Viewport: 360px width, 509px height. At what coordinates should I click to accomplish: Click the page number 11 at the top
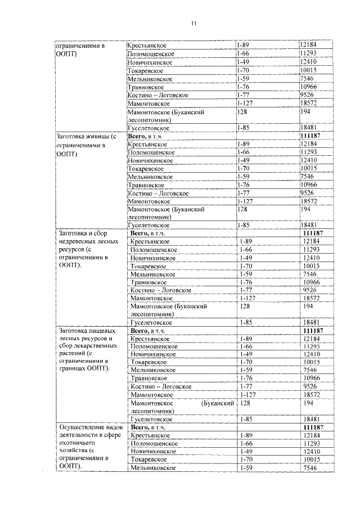[194, 23]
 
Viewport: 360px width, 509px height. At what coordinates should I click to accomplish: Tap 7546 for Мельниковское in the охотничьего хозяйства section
[310, 468]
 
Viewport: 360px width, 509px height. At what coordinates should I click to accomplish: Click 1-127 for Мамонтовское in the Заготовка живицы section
[246, 201]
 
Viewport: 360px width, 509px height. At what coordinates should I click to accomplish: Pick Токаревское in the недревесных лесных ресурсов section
[148, 265]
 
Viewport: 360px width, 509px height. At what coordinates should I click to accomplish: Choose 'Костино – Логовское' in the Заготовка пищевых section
[161, 387]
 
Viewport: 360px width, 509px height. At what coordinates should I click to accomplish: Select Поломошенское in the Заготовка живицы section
[151, 152]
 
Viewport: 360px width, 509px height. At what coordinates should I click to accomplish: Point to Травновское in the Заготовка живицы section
[146, 184]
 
